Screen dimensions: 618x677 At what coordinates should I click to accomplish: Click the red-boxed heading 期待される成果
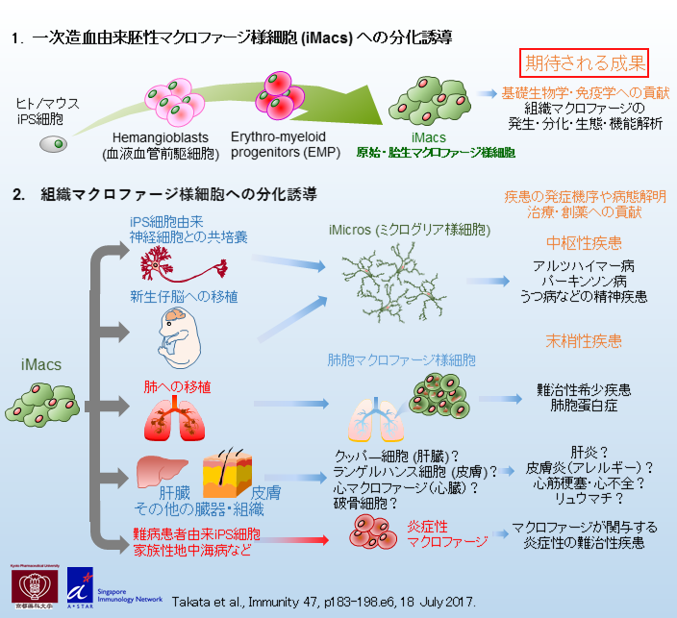pyautogui.click(x=583, y=63)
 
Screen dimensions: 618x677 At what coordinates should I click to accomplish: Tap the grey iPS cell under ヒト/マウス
pyautogui.click(x=54, y=144)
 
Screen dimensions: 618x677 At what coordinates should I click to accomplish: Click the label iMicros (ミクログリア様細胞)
pyautogui.click(x=409, y=231)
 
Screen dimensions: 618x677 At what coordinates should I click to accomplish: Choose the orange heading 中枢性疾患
pyautogui.click(x=584, y=241)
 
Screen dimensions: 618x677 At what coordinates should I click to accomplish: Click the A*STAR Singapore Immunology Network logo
pyautogui.click(x=107, y=585)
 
